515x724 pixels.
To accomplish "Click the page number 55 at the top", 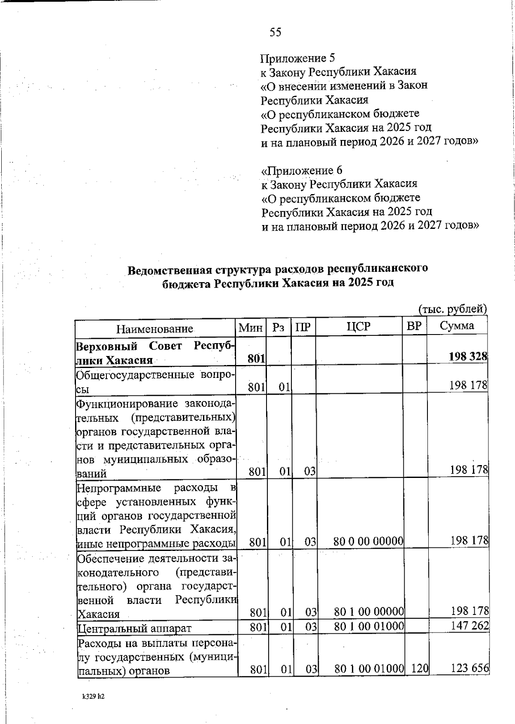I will pos(276,32).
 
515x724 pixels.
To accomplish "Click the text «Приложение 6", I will pos(302,170).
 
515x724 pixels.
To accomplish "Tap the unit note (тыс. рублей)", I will pos(452,309).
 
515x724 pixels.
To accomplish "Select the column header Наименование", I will pos(155,329).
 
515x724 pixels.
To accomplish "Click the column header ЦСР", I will pos(358,327).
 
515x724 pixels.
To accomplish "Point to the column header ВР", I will pos(414,326).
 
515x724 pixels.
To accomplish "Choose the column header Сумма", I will pos(457,326).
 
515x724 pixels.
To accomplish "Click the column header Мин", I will pos(251,328).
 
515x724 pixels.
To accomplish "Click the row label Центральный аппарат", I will pos(134,629).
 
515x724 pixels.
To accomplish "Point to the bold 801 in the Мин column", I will pos(256,358).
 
